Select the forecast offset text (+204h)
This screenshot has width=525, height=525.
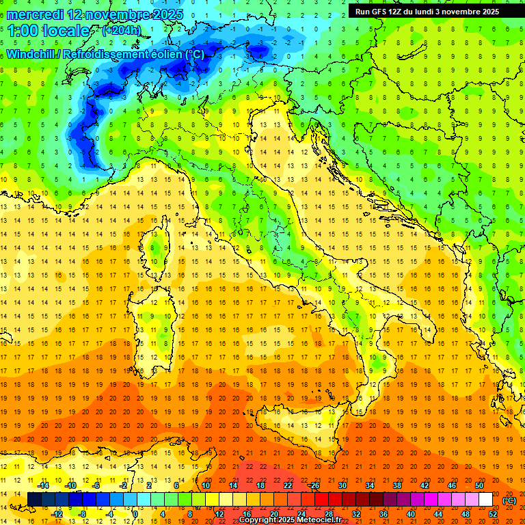[122, 31]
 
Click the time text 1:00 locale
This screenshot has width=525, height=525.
[49, 31]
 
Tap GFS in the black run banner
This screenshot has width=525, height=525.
[382, 12]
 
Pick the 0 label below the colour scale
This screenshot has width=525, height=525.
[135, 513]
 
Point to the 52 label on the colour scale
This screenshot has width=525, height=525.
[493, 513]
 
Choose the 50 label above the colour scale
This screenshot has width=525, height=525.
[479, 485]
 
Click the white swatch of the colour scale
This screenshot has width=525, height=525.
[486, 499]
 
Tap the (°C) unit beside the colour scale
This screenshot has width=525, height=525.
[509, 500]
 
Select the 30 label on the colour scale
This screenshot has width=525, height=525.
[342, 485]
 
